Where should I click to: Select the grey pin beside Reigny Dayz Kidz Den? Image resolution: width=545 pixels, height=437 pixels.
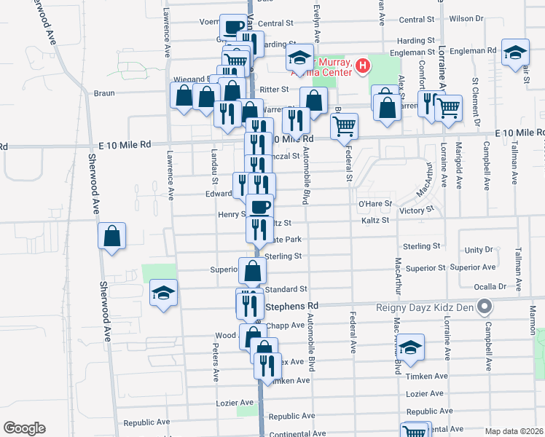click(482, 306)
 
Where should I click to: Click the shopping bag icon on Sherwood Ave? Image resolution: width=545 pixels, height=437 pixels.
click(111, 237)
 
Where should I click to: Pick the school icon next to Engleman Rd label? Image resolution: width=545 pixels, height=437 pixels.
click(515, 52)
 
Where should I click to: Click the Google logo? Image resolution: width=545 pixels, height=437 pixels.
click(24, 428)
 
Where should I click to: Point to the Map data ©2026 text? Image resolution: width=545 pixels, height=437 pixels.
click(514, 431)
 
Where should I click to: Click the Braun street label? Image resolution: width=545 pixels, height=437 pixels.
click(106, 93)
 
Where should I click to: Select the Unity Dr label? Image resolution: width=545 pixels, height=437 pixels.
click(479, 249)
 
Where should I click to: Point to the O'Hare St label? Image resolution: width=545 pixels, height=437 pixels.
click(375, 203)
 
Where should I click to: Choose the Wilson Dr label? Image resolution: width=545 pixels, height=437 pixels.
click(466, 19)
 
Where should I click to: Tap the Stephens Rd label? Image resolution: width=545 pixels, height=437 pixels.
click(293, 306)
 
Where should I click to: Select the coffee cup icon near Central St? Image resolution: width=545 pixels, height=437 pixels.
click(232, 28)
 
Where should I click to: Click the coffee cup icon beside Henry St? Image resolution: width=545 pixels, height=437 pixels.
click(259, 208)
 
